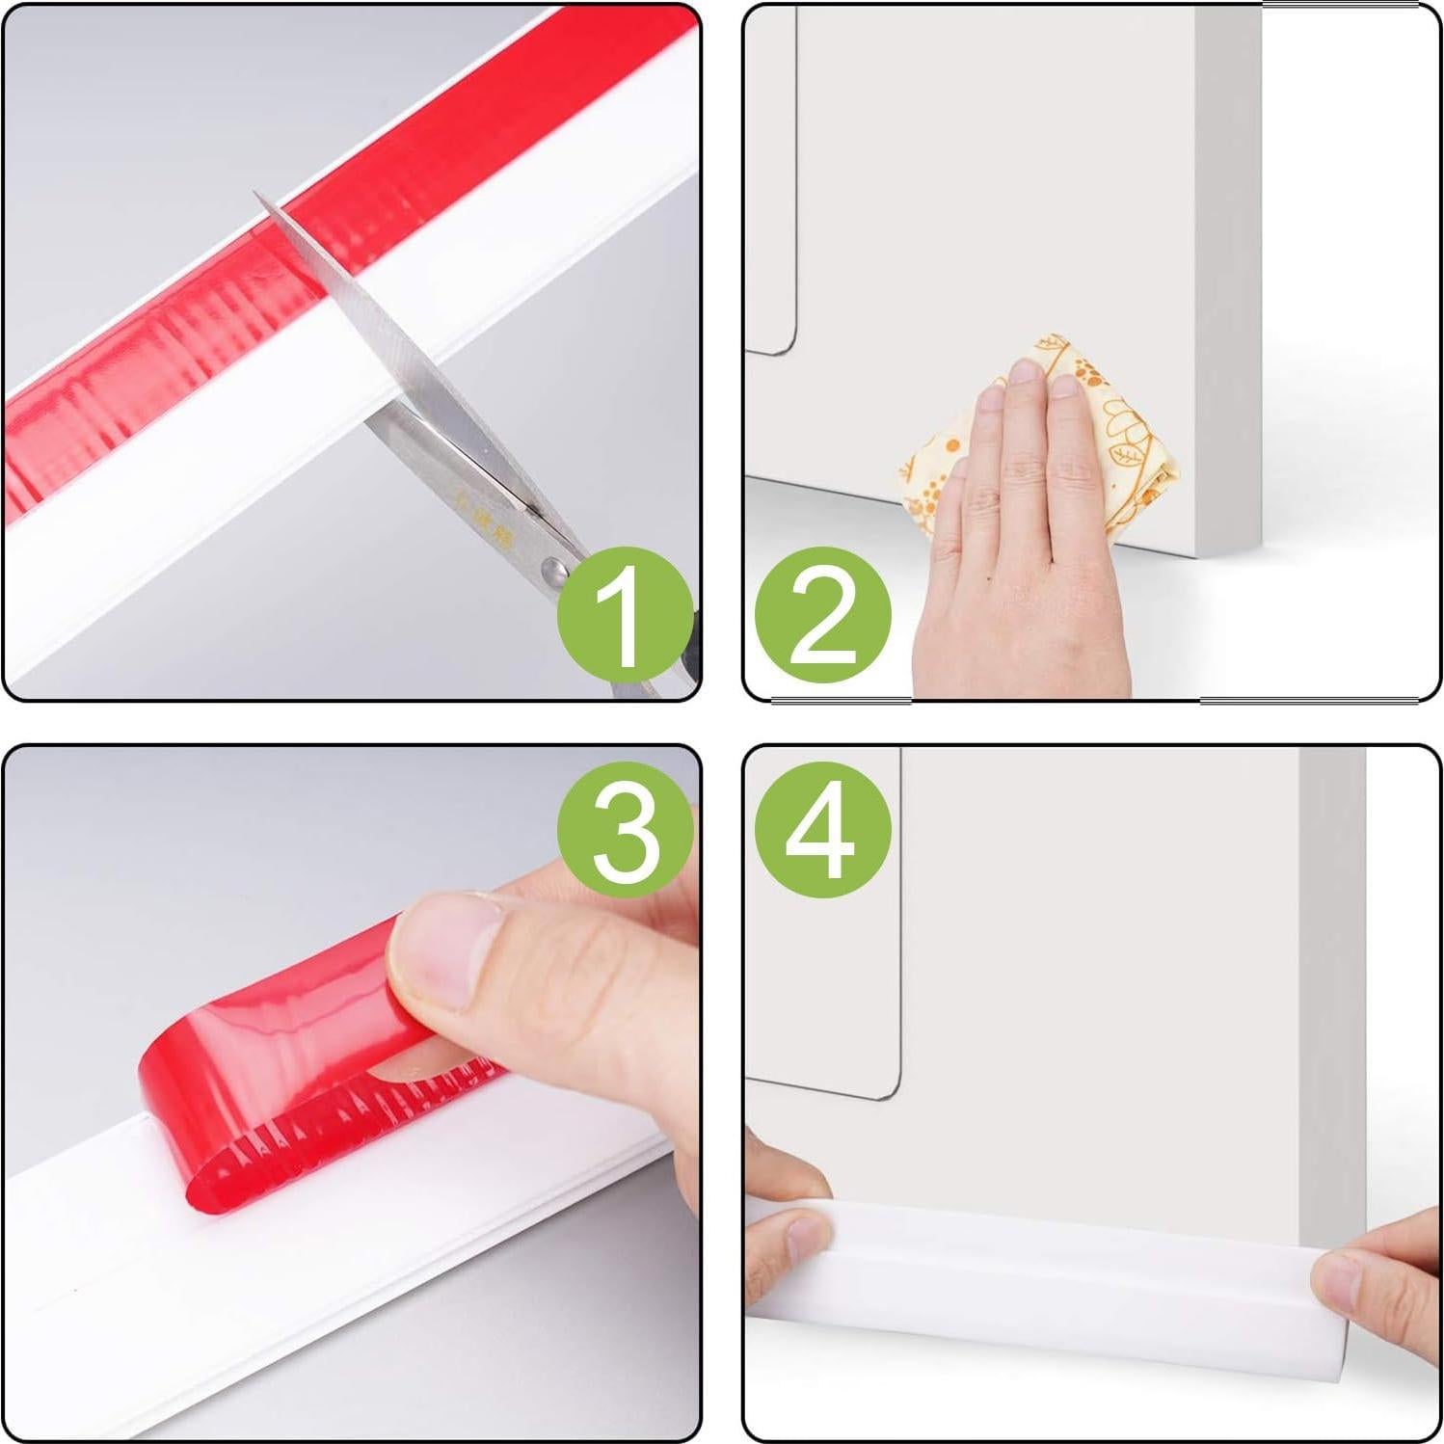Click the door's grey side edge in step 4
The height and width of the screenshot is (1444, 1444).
pyautogui.click(x=1330, y=964)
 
